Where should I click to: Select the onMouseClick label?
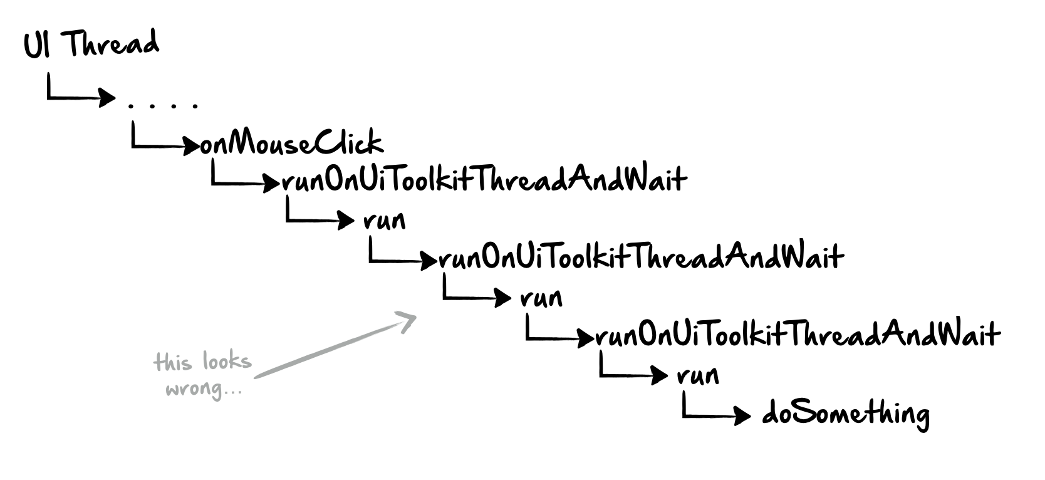(292, 142)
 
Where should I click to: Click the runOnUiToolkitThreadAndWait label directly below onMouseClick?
(484, 180)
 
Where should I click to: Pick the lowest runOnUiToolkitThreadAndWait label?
(798, 335)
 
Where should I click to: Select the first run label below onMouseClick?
(385, 220)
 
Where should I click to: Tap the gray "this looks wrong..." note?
(203, 375)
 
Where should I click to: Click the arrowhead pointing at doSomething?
(742, 415)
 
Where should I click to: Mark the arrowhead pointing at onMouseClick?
(191, 146)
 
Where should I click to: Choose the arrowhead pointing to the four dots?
(107, 98)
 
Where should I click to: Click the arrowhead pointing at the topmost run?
(346, 220)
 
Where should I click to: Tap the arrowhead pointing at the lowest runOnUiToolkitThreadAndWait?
(586, 338)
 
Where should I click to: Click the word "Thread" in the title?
(110, 43)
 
